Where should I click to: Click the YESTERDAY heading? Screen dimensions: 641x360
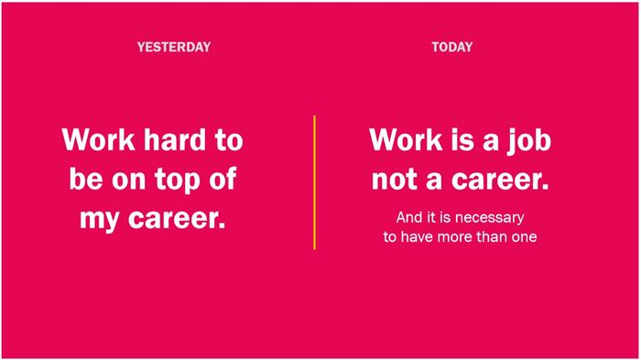click(x=174, y=47)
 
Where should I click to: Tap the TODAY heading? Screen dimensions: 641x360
click(x=451, y=47)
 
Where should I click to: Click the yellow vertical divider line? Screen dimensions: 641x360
click(x=314, y=182)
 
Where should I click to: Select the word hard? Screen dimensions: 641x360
click(x=176, y=139)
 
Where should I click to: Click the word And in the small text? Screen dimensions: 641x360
click(x=410, y=217)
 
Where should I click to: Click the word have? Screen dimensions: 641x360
click(x=417, y=237)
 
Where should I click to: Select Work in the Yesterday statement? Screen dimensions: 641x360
click(x=99, y=139)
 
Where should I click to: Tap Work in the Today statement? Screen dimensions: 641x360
click(x=406, y=139)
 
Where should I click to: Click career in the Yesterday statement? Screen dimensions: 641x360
click(x=177, y=218)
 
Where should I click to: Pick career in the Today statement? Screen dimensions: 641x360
click(x=500, y=180)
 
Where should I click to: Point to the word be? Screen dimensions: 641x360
click(x=86, y=179)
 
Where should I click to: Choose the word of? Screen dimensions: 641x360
click(x=223, y=179)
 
